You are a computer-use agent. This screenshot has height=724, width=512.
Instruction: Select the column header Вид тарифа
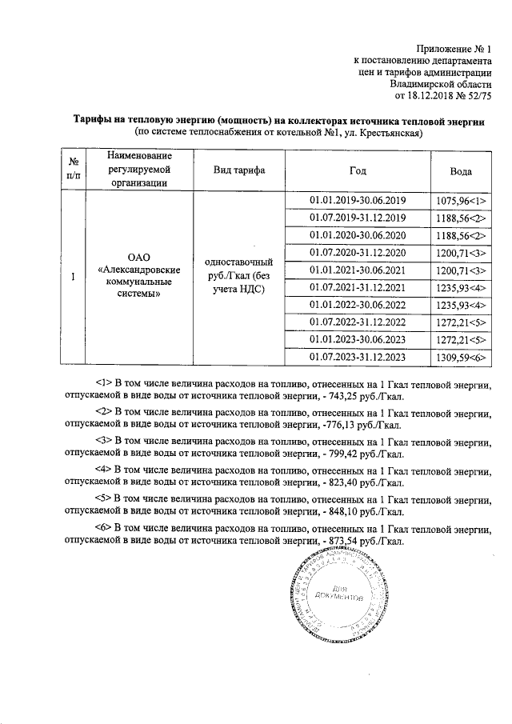pyautogui.click(x=239, y=171)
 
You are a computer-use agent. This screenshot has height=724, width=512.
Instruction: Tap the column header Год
pyautogui.click(x=358, y=171)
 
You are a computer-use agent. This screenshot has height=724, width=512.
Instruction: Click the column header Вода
pyautogui.click(x=461, y=171)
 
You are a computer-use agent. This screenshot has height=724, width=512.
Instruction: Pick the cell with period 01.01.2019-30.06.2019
pyautogui.click(x=358, y=200)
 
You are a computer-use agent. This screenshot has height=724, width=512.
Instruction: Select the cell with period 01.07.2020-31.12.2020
pyautogui.click(x=358, y=253)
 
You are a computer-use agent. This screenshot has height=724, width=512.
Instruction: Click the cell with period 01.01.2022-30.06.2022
pyautogui.click(x=358, y=305)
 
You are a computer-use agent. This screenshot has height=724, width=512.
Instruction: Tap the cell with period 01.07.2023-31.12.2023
pyautogui.click(x=358, y=358)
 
